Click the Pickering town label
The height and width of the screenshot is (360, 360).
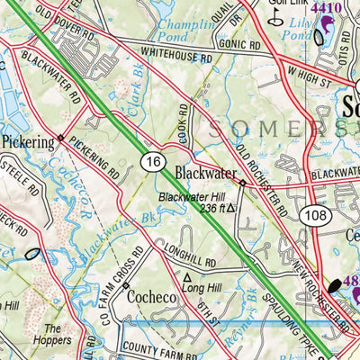pyautogui.click(x=26, y=141)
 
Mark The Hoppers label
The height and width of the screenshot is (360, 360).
pyautogui.click(x=56, y=335)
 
